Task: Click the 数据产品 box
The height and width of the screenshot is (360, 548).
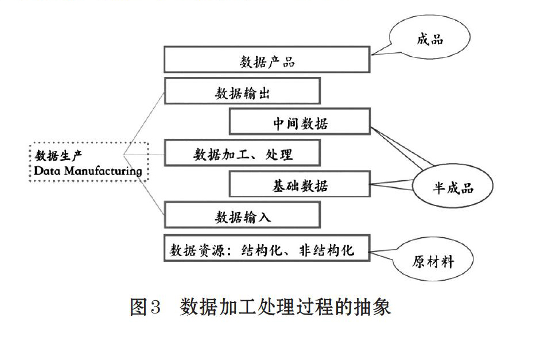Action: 267,60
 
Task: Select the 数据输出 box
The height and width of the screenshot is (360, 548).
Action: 242,91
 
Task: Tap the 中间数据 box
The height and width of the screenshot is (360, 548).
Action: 300,121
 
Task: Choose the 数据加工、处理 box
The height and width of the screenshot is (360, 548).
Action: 242,153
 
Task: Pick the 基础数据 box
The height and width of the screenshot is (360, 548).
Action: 300,184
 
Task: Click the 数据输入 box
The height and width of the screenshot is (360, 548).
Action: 242,215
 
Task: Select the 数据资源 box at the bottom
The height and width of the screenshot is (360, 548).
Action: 267,248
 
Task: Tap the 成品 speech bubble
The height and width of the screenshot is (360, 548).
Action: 429,37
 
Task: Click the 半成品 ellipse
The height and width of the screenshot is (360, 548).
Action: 453,187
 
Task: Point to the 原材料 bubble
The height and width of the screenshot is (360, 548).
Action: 433,260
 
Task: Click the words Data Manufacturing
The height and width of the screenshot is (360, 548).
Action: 88,171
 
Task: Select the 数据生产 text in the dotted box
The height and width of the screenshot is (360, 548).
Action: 59,156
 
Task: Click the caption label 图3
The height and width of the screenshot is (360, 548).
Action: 145,307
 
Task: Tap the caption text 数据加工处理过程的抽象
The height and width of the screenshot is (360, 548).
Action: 285,307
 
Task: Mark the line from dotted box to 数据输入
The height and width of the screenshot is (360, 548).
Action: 143,184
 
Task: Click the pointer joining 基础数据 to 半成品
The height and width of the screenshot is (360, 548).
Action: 392,184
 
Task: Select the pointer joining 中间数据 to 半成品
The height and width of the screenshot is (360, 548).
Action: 402,148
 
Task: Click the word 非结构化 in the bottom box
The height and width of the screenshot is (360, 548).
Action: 327,250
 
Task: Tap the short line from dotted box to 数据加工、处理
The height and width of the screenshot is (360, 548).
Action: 143,154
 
